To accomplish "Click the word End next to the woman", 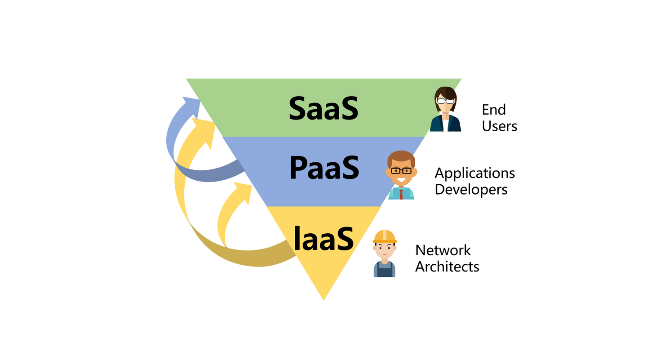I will [494, 110].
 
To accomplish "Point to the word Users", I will [499, 126].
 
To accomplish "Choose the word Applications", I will [474, 173].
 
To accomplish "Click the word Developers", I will [471, 189].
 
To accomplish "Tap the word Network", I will [443, 250].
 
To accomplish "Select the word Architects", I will [447, 267].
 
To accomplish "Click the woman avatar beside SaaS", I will [445, 109].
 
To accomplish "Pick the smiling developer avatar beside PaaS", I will [401, 175].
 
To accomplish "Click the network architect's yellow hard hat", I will [385, 236].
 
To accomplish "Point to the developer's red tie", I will [401, 194].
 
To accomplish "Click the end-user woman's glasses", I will [445, 101].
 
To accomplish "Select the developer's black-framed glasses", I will [401, 170].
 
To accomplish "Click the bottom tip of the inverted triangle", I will [323, 298].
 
